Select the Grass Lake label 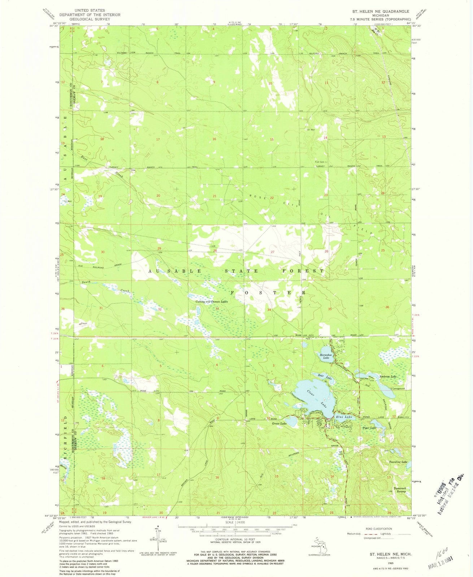coord(279,423)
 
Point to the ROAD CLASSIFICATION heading coord(378,529)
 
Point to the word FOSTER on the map coord(270,292)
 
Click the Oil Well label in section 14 coord(311,130)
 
